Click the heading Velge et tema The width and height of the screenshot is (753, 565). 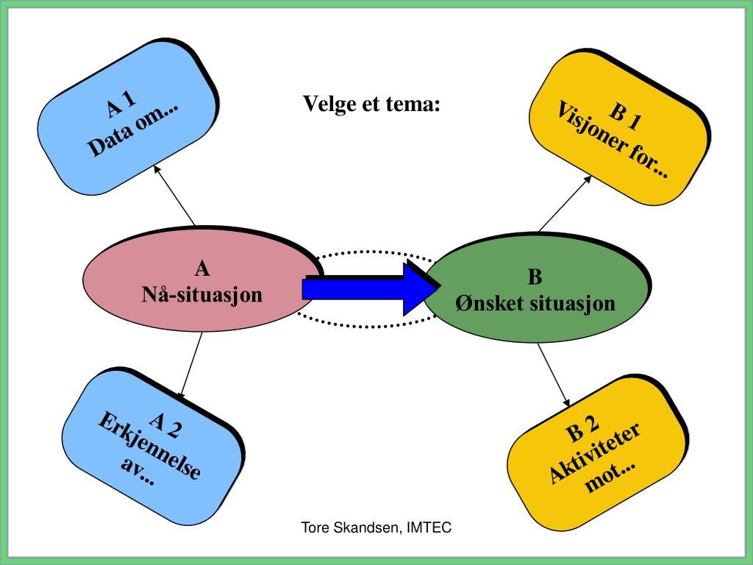372,104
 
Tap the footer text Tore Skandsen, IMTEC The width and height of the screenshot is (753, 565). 376,527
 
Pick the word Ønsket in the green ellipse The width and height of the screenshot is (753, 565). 482,302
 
